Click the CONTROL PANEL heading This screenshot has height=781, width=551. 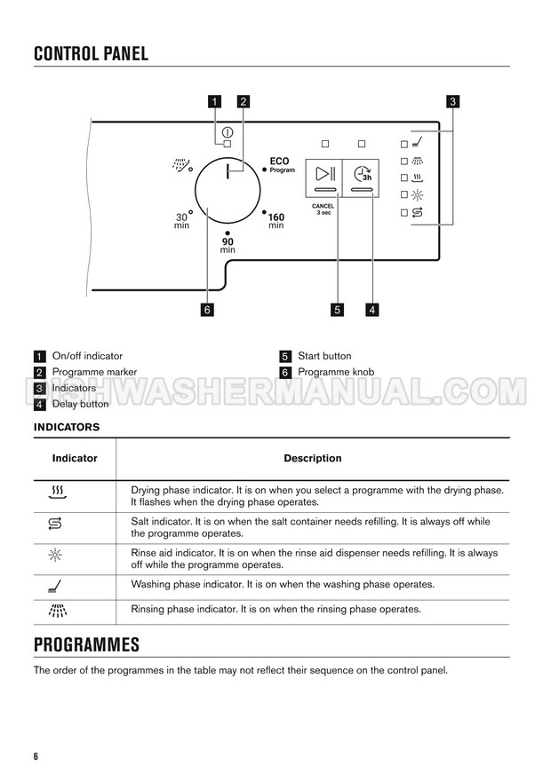91,53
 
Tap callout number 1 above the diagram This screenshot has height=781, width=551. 214,102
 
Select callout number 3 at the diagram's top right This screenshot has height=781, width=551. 452,102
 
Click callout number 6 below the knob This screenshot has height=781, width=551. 207,310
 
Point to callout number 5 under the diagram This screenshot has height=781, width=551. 338,310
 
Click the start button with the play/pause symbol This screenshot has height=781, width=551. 324,177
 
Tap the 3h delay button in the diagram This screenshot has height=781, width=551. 361,177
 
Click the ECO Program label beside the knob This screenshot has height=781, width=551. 280,165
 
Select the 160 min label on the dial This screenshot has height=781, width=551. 276,221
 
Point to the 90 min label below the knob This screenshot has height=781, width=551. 228,244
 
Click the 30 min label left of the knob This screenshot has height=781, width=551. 182,221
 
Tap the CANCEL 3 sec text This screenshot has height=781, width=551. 323,209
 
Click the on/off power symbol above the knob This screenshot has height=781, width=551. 228,131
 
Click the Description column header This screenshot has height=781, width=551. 312,459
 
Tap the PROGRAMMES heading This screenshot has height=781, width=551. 86,643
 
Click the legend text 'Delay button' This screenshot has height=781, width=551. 81,404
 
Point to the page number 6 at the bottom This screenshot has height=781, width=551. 36,756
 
